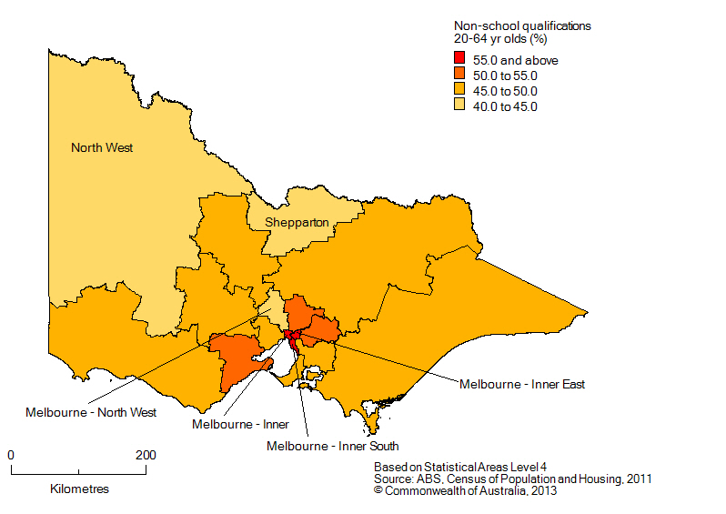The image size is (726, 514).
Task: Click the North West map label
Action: [102, 147]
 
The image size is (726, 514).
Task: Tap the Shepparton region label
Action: [297, 222]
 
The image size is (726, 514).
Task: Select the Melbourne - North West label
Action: [91, 412]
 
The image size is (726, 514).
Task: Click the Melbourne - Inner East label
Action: [522, 384]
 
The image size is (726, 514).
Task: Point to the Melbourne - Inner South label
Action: [332, 446]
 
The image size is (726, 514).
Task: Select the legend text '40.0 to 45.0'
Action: [510, 106]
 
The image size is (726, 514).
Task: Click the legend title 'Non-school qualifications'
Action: [521, 25]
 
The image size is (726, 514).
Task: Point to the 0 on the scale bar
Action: [11, 455]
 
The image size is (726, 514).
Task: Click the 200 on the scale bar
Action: [146, 455]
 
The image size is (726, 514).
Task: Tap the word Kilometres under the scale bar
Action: [79, 489]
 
